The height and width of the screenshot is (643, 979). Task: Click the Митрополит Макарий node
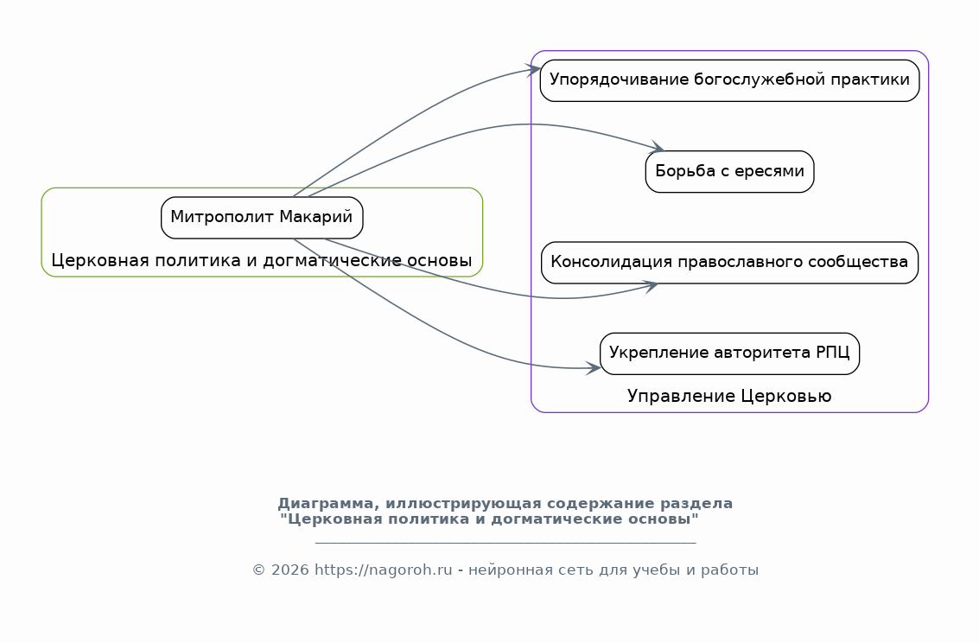[x=262, y=218]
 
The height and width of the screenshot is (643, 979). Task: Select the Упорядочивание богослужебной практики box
[x=729, y=80]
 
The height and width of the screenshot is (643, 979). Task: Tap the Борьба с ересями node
[x=729, y=172]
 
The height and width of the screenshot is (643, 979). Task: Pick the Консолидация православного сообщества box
[x=729, y=263]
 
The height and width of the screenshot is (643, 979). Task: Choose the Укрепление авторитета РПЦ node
[x=729, y=354]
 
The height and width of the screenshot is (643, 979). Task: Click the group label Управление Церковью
[x=729, y=397]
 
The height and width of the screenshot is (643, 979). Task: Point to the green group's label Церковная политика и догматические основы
[x=262, y=260]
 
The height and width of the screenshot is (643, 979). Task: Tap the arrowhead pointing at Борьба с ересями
[x=657, y=147]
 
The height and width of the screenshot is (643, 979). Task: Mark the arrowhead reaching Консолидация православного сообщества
[x=651, y=286]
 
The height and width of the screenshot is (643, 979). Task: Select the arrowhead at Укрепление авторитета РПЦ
[x=593, y=367]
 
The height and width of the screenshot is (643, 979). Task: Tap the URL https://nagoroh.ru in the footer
[x=384, y=570]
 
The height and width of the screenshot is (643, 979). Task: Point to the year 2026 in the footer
[x=289, y=570]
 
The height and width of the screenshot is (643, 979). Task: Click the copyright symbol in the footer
[x=258, y=570]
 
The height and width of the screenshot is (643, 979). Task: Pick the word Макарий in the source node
[x=316, y=217]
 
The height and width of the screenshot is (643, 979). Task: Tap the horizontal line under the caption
[x=505, y=543]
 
